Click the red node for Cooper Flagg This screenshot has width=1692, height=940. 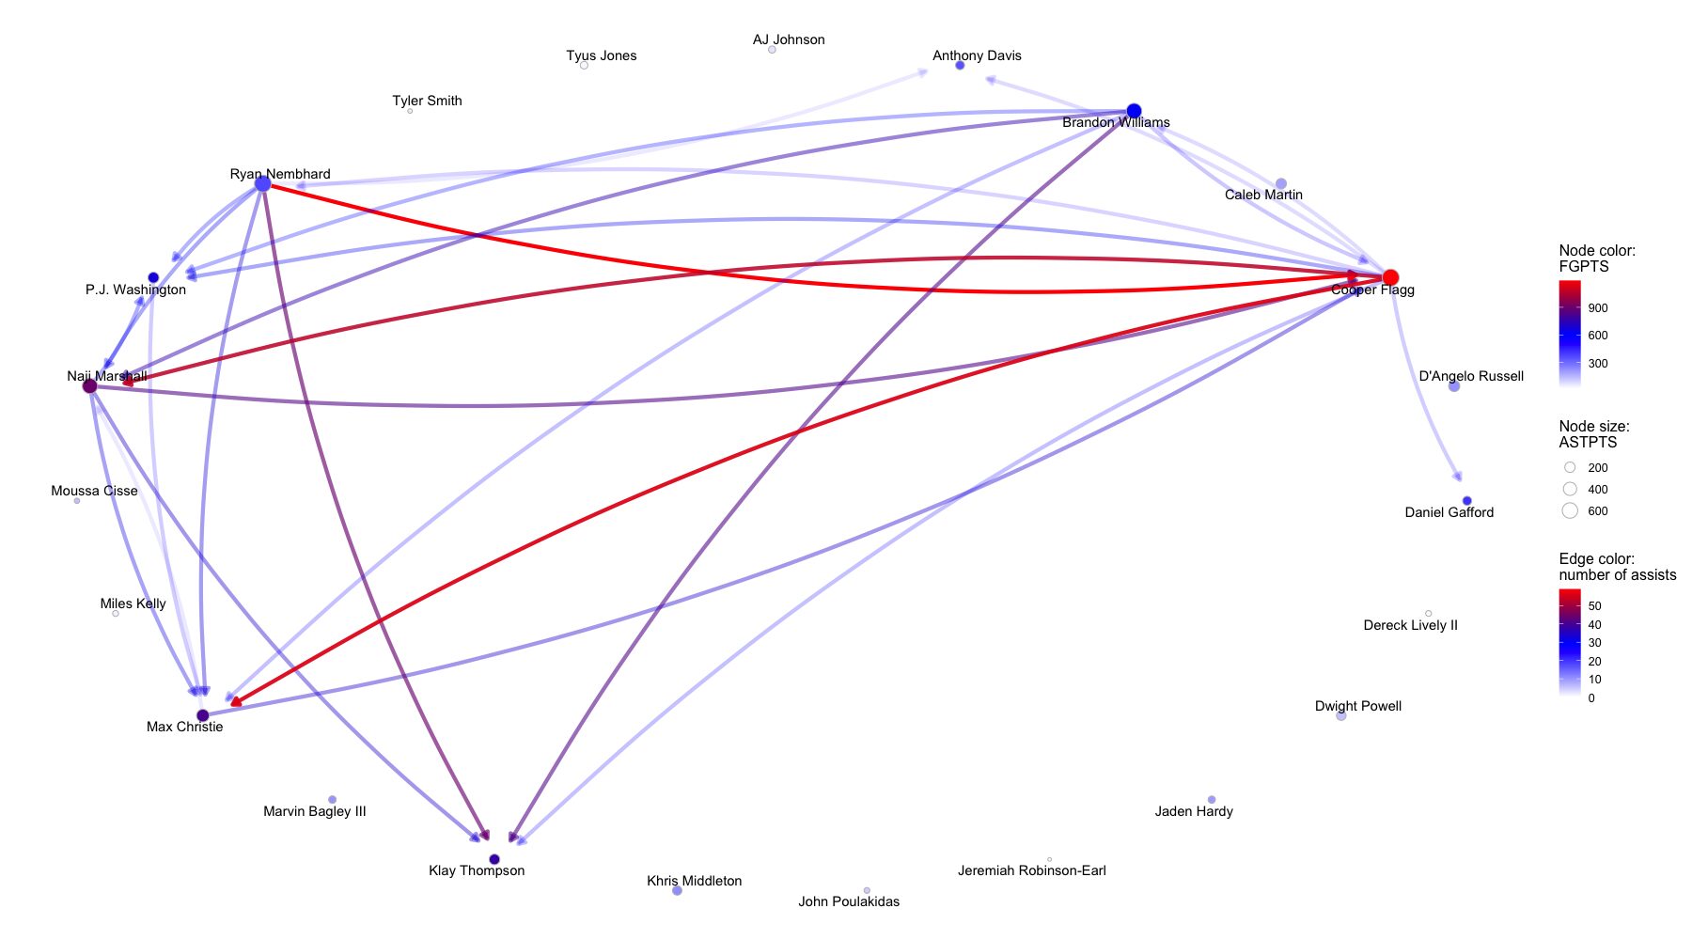[x=1390, y=277]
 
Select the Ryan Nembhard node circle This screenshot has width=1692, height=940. [x=263, y=184]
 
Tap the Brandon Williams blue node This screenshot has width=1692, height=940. [x=1134, y=111]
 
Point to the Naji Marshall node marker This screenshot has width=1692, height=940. [x=90, y=386]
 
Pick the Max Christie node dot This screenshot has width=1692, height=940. [x=202, y=715]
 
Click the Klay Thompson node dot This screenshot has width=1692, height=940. [x=494, y=859]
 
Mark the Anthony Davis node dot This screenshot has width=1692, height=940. [x=960, y=66]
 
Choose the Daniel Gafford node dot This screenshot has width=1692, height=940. [x=1466, y=501]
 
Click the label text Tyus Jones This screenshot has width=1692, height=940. [x=601, y=55]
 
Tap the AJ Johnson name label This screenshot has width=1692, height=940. [x=789, y=39]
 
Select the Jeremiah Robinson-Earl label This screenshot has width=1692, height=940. [x=1031, y=870]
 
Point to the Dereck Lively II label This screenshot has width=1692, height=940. [x=1410, y=625]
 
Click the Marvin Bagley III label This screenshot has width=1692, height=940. [x=314, y=811]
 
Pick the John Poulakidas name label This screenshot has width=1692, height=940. [x=849, y=901]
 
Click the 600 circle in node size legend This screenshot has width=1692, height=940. [x=1570, y=510]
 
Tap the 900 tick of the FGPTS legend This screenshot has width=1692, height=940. [x=1597, y=308]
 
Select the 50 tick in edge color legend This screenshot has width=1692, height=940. [x=1594, y=606]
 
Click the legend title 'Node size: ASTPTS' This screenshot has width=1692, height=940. [x=1594, y=434]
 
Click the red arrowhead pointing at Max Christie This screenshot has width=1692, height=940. [x=235, y=701]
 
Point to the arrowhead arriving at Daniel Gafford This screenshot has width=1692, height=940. [x=1458, y=477]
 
